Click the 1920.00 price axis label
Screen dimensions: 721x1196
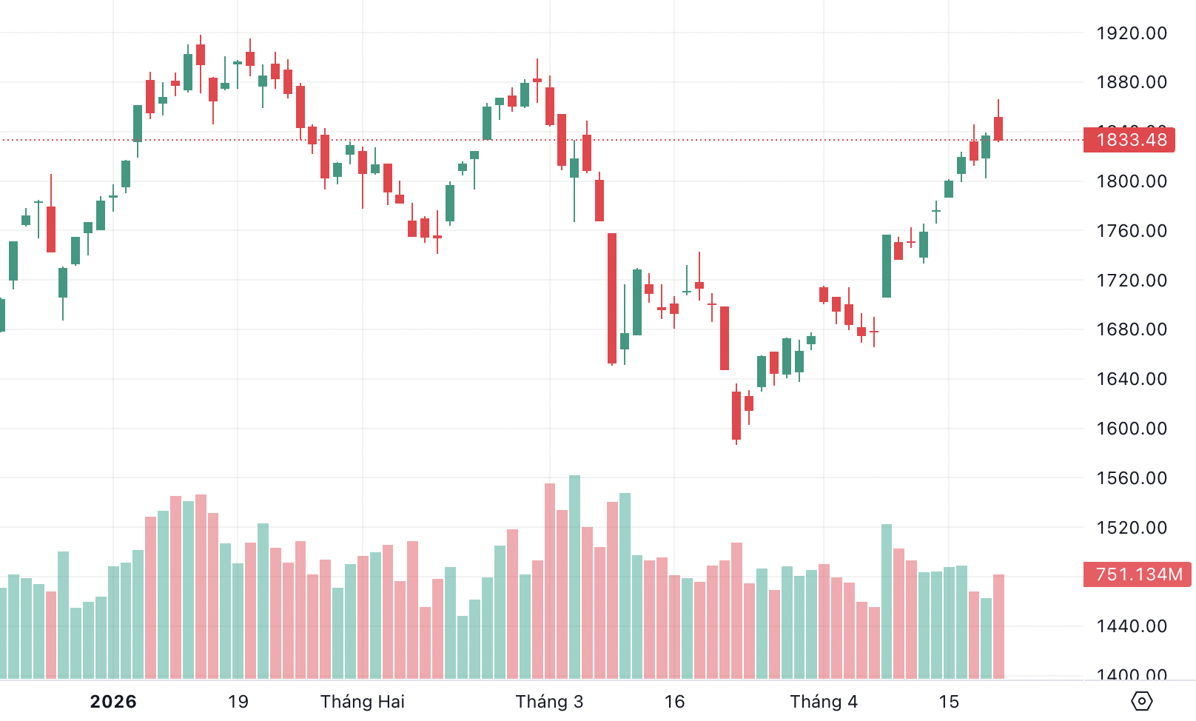pos(1131,33)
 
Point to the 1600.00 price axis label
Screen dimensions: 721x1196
pos(1131,429)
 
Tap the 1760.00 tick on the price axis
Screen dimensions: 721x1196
pos(1131,231)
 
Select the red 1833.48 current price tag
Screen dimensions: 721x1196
pos(1130,140)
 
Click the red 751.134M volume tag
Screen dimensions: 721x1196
pos(1138,574)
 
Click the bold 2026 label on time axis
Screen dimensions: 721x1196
pos(113,702)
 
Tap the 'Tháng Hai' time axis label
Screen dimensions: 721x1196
pos(363,702)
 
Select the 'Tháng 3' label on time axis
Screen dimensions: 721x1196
pos(549,702)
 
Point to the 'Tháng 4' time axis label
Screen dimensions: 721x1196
pos(824,702)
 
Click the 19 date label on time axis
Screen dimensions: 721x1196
pos(238,702)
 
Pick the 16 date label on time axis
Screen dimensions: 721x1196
pos(674,702)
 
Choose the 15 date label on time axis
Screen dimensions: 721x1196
pos(949,702)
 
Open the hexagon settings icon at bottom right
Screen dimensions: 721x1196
pos(1142,700)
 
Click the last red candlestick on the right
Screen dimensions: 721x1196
pos(998,128)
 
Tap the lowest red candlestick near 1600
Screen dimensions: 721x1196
pos(736,415)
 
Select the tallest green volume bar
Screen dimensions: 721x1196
pos(575,577)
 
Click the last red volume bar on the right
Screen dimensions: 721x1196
pos(998,626)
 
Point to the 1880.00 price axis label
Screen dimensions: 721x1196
pos(1131,82)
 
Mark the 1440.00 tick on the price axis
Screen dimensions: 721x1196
pos(1131,626)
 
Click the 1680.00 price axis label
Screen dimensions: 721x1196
pos(1131,329)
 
